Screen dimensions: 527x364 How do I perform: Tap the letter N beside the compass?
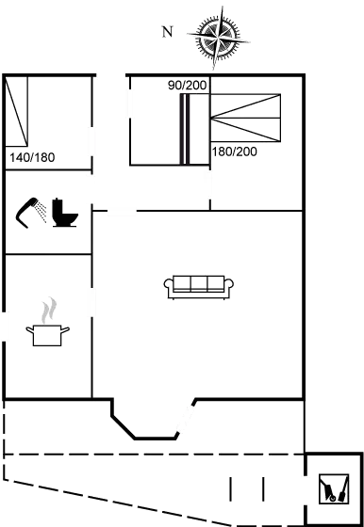(166, 32)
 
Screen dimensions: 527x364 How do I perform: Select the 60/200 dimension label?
(188, 86)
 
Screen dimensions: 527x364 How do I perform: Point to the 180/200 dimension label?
(233, 152)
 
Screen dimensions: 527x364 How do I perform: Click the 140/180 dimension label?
(32, 156)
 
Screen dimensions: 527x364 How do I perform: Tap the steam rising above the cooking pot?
(47, 310)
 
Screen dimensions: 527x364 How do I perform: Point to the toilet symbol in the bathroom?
(64, 214)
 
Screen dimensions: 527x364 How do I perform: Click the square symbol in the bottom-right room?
(332, 487)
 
